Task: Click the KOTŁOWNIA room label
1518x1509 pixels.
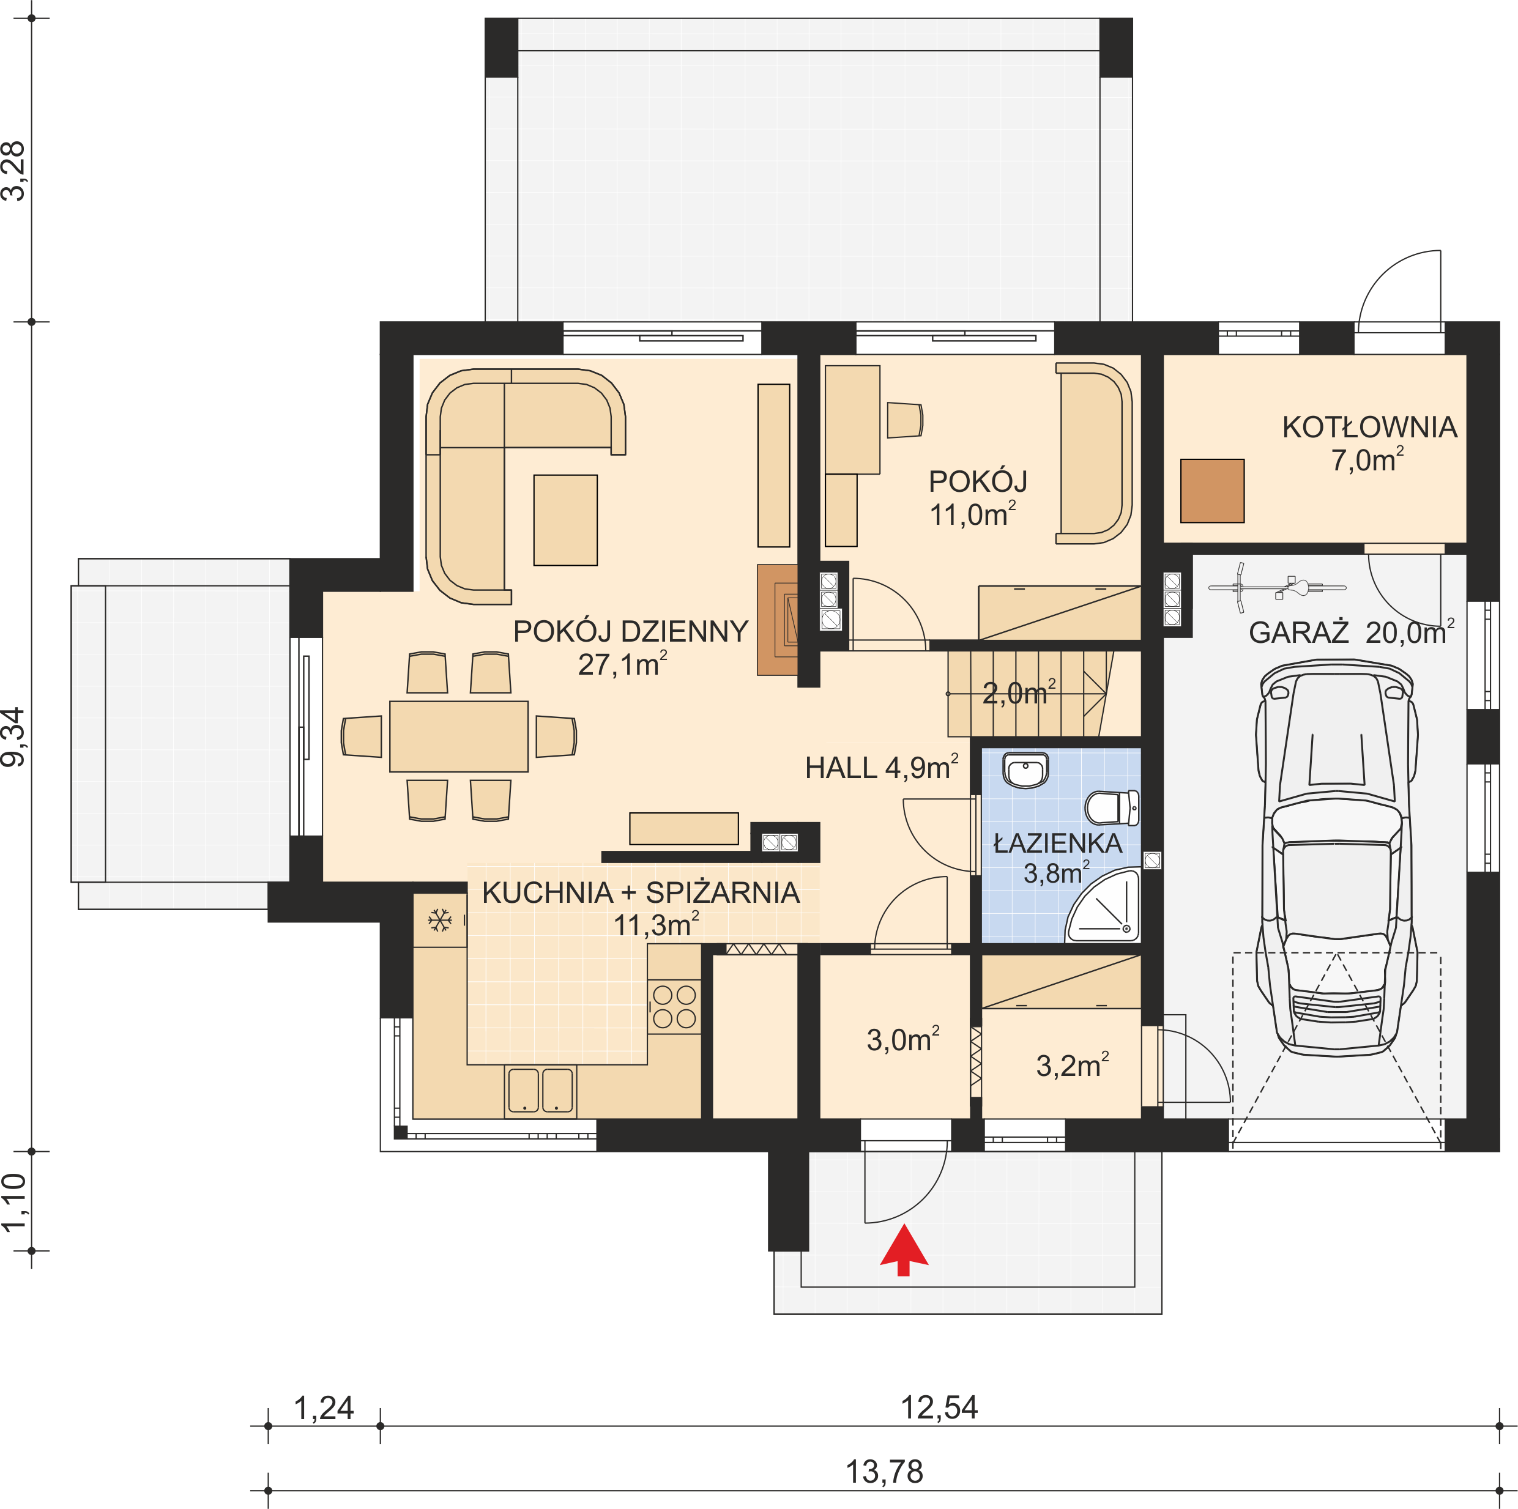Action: coord(1369,428)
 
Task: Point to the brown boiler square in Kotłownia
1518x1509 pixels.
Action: coord(1212,491)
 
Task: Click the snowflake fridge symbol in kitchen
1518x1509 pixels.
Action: coord(439,920)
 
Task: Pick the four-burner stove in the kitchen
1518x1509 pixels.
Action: coord(674,1006)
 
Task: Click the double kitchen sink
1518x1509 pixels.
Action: coord(541,1091)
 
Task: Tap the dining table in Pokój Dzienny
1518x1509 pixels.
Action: coord(459,736)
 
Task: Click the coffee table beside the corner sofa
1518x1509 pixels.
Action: coord(566,520)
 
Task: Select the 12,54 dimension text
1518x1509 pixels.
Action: coord(939,1407)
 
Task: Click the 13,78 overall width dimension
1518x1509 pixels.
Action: coord(884,1471)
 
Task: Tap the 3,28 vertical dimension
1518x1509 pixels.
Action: coord(14,171)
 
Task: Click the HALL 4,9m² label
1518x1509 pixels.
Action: coord(882,768)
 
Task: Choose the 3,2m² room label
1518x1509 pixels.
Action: coord(1073,1065)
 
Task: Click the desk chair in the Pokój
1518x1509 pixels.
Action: coord(905,420)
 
